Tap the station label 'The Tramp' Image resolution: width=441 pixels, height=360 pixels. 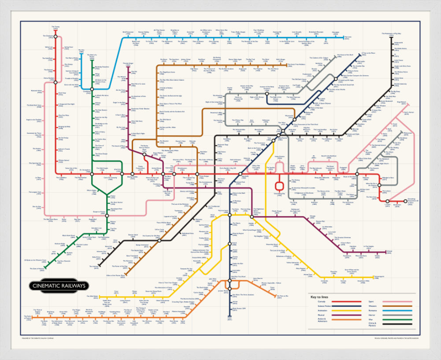point(56,27)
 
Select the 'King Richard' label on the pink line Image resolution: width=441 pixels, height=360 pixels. point(401,103)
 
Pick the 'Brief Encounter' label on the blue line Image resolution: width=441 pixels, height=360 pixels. point(128,33)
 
